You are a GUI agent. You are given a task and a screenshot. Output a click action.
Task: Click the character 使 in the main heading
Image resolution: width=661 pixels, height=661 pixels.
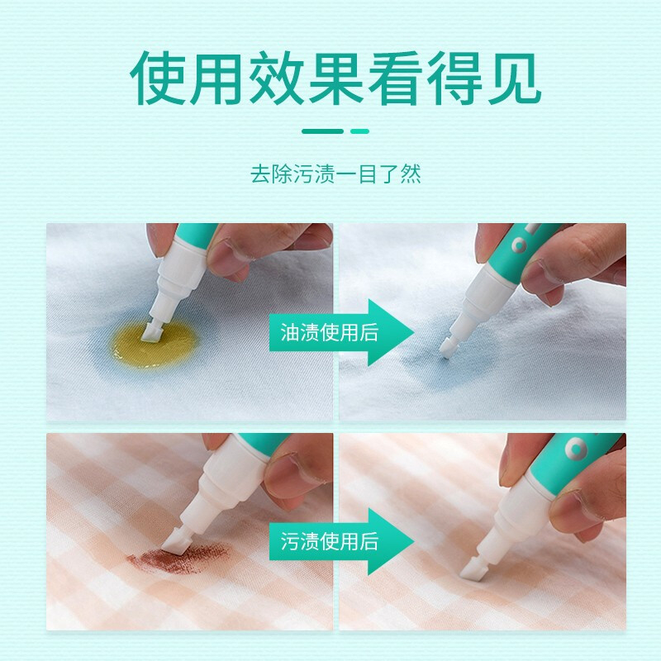click(158, 78)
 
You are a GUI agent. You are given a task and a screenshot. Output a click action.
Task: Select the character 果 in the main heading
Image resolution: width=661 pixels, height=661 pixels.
click(336, 78)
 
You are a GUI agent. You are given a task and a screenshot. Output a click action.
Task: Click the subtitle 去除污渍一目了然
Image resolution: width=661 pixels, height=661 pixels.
click(335, 174)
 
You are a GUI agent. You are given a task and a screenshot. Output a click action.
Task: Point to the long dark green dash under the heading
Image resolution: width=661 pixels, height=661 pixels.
click(322, 131)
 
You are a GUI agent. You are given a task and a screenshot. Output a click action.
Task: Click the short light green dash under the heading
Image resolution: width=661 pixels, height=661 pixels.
click(359, 131)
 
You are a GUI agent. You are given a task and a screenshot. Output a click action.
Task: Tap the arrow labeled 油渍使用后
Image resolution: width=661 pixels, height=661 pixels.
click(341, 332)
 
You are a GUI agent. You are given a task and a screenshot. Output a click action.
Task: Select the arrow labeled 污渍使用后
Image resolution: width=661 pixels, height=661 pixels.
click(341, 541)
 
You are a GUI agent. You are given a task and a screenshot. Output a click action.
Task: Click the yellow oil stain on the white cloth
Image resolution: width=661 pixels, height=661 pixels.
click(156, 345)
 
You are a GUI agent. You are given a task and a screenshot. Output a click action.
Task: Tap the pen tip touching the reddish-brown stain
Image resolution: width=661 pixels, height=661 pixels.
click(176, 545)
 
